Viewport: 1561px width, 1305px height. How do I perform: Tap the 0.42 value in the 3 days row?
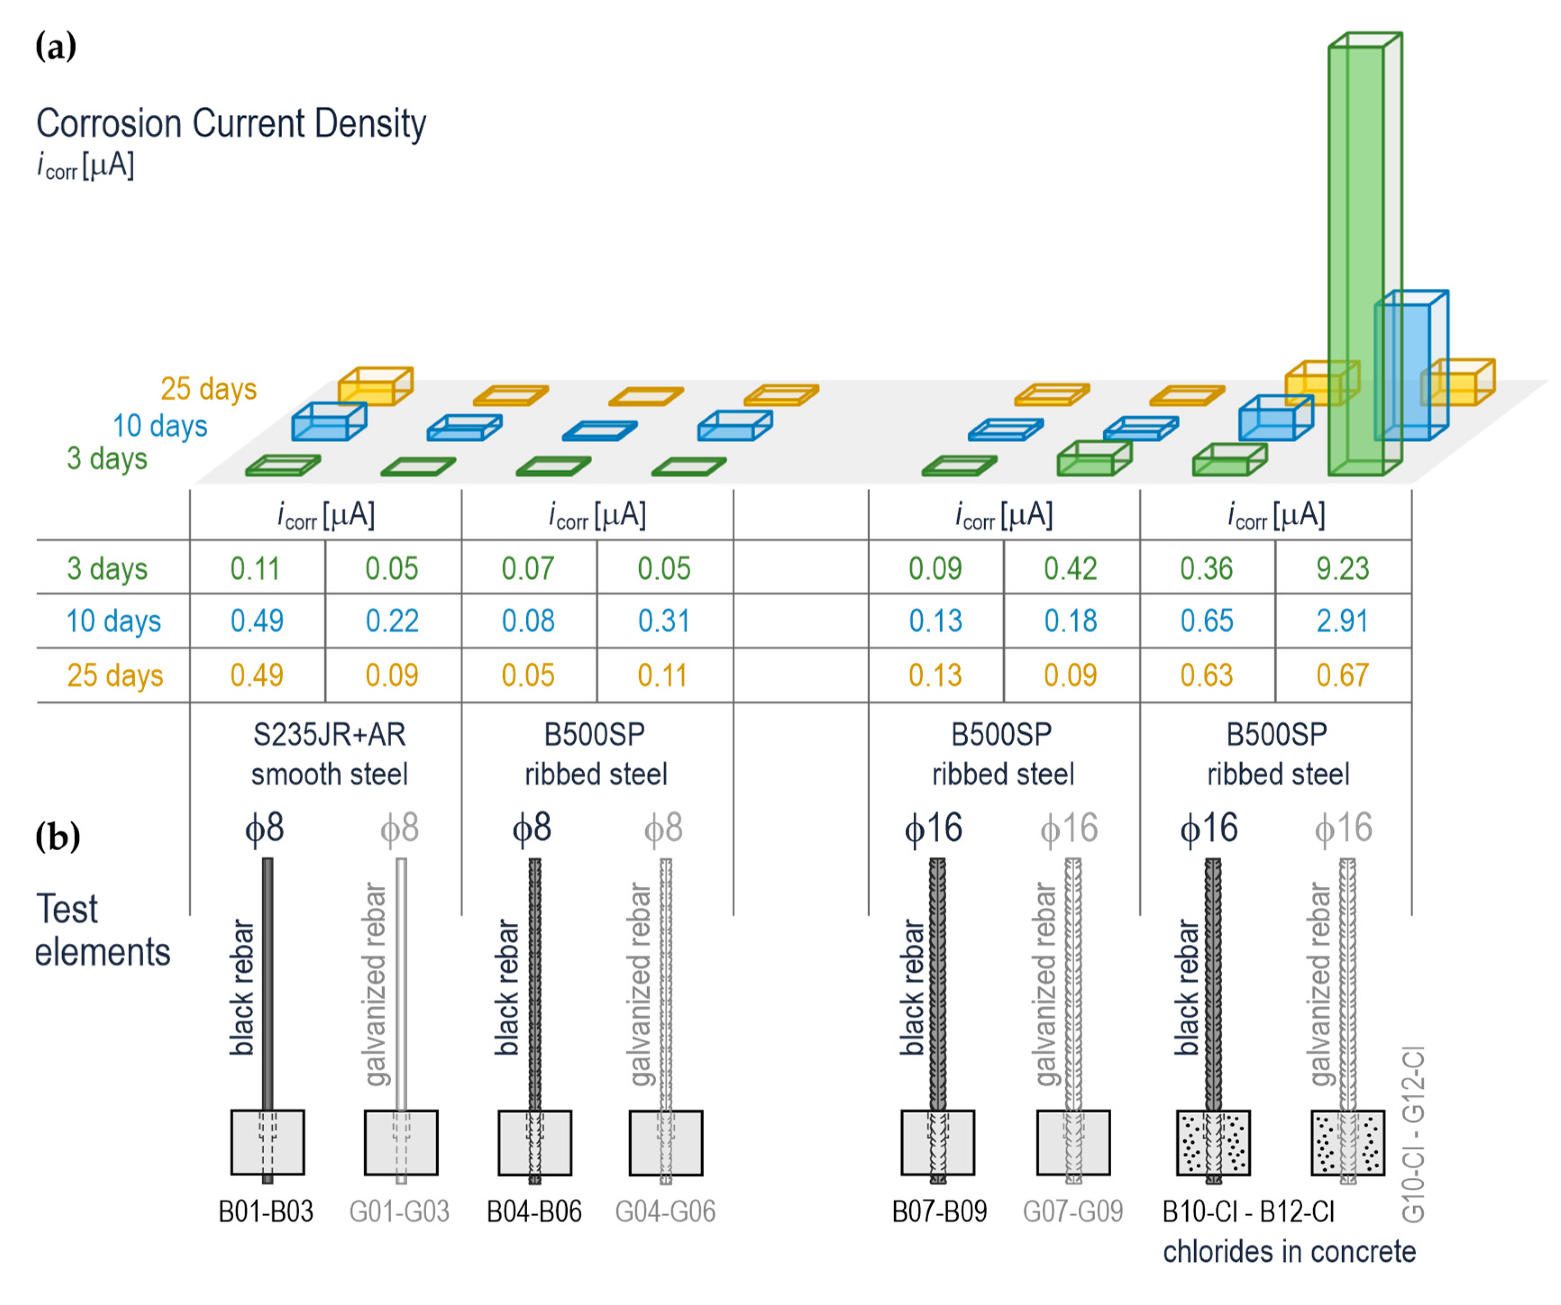click(1070, 568)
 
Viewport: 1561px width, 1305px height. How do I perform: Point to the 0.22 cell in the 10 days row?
click(392, 621)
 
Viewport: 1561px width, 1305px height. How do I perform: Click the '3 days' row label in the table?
click(107, 568)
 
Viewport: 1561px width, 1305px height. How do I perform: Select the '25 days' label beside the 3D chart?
click(209, 389)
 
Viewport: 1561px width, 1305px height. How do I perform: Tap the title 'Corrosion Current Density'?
click(231, 123)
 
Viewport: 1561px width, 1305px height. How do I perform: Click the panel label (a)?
click(56, 47)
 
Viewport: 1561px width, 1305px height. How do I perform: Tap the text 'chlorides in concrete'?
click(1289, 1252)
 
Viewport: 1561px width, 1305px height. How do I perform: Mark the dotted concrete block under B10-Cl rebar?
click(1213, 1142)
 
